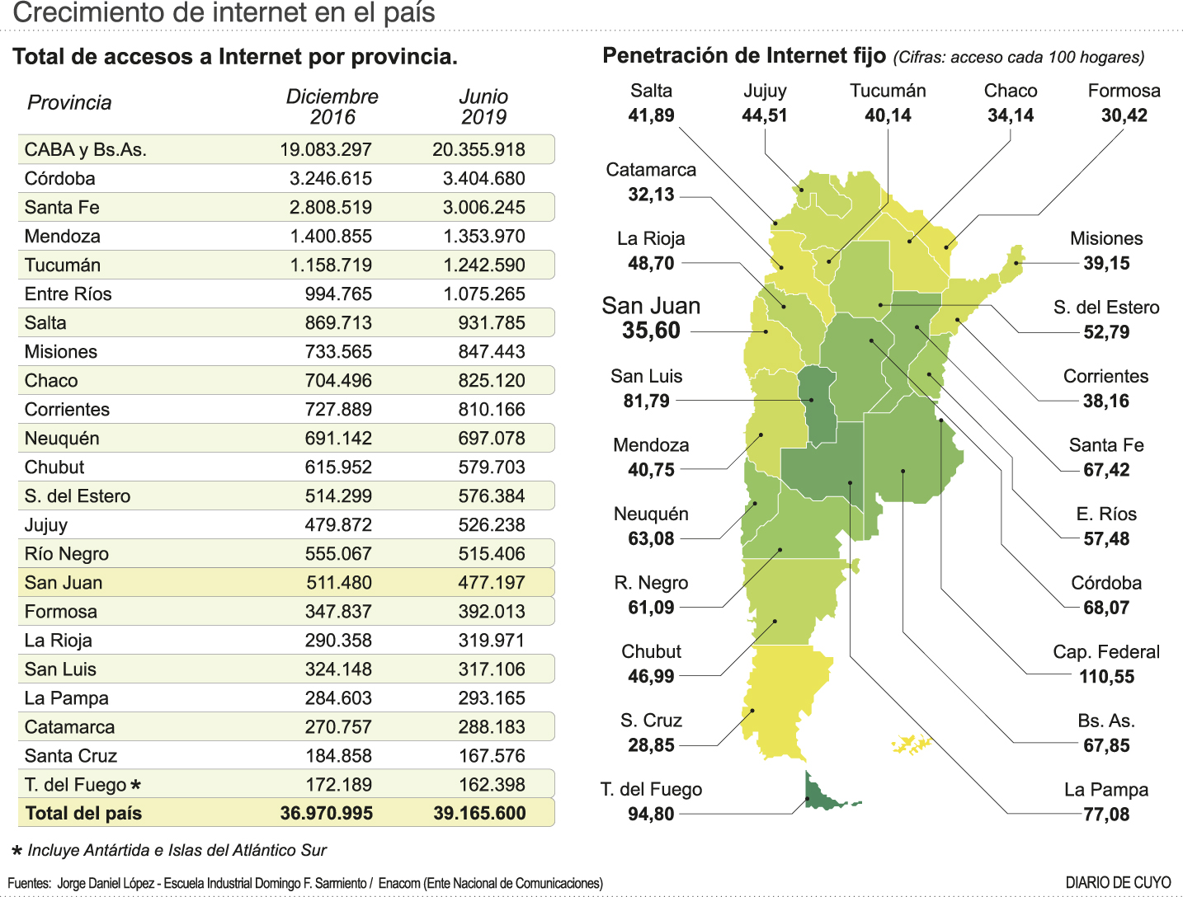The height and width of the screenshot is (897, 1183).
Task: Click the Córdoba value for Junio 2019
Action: [483, 178]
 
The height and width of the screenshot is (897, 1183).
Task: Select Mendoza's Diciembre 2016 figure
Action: [331, 236]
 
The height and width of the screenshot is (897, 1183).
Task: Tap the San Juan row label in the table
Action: [64, 583]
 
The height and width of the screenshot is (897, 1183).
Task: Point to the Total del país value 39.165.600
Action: [479, 813]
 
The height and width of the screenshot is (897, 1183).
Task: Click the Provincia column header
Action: [69, 102]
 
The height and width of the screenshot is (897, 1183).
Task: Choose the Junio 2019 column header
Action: [483, 106]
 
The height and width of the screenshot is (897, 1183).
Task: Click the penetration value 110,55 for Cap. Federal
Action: [1106, 677]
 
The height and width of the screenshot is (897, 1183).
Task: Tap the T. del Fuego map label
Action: [651, 789]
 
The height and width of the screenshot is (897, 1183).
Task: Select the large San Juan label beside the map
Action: [651, 306]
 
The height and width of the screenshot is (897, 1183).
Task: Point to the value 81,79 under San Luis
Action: [647, 402]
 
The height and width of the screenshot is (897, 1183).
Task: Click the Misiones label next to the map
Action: [1106, 239]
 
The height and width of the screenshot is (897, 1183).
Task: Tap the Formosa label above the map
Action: [1124, 91]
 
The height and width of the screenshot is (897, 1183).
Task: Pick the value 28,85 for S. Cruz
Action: [651, 745]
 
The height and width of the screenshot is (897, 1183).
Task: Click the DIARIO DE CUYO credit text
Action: [1118, 883]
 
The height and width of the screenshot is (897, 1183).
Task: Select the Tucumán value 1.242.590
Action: [483, 265]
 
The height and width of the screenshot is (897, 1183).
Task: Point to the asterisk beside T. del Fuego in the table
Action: [136, 785]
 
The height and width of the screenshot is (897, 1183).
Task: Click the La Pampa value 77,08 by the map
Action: [1106, 815]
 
